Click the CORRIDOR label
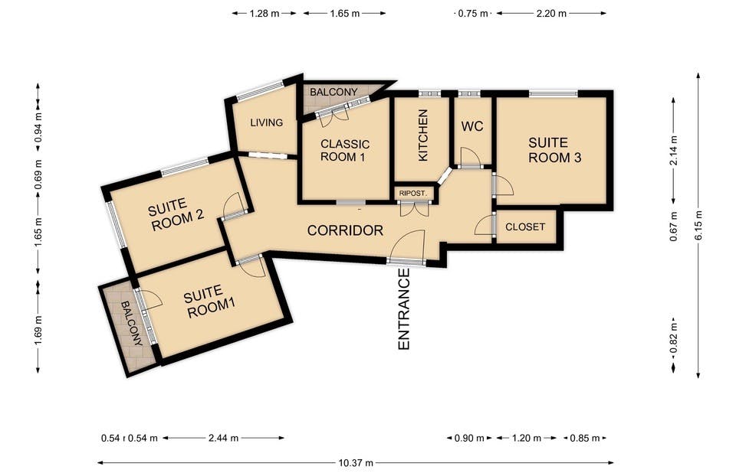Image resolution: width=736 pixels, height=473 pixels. click(345, 230)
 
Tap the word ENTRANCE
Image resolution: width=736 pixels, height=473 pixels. click(404, 308)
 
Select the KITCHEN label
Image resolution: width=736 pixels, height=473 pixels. click(423, 135)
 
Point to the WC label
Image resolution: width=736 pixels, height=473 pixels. click(472, 126)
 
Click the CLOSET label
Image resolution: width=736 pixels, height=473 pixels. click(525, 227)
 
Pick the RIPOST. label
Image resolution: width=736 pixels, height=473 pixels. click(413, 193)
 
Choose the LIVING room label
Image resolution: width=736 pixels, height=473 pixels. click(267, 122)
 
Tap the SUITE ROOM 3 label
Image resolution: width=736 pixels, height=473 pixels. click(555, 150)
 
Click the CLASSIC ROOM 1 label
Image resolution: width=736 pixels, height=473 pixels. click(344, 151)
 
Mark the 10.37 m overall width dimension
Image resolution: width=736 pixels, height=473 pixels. click(356, 463)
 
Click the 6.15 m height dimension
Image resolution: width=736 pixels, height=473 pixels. click(699, 225)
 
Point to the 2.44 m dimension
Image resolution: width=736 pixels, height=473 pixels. click(223, 439)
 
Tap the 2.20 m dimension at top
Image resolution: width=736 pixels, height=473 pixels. click(551, 14)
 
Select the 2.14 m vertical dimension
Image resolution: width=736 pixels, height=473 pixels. click(674, 151)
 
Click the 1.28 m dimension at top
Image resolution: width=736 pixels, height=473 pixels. click(264, 14)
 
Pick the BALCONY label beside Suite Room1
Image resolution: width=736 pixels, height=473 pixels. click(131, 324)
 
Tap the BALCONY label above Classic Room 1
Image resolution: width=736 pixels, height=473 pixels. click(333, 92)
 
